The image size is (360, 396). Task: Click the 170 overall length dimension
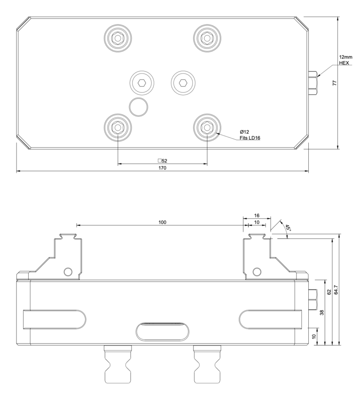(162, 168)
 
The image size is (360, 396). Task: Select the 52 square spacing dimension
(162, 160)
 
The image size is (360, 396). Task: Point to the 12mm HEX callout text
(346, 60)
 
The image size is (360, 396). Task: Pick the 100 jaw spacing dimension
(162, 223)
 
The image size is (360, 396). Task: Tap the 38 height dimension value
(321, 312)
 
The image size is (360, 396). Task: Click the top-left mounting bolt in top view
(117, 38)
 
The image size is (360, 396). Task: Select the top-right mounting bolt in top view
(207, 38)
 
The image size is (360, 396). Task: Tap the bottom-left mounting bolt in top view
(117, 128)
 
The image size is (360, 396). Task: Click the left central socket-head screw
(141, 83)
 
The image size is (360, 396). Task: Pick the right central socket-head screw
(183, 83)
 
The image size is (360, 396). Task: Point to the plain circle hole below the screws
(139, 107)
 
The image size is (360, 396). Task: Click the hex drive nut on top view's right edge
(313, 83)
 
